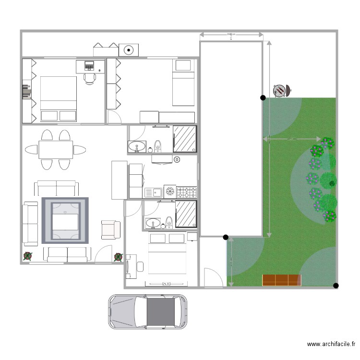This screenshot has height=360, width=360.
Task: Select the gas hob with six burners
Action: [187, 192]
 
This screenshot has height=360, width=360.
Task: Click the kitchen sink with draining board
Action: [154, 192]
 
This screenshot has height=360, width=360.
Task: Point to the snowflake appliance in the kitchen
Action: [170, 192]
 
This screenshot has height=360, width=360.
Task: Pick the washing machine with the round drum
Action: [129, 49]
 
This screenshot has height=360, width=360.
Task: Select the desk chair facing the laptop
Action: [90, 78]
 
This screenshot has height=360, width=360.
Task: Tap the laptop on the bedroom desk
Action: [89, 65]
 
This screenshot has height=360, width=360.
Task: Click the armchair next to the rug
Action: [111, 229]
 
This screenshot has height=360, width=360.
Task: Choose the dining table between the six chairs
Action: [56, 149]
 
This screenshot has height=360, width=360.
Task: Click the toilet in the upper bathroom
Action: [158, 144]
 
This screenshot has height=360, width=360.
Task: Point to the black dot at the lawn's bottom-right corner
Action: [336, 286]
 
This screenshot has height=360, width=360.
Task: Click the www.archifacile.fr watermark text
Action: [331, 344]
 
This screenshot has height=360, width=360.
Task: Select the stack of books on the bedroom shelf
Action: [26, 91]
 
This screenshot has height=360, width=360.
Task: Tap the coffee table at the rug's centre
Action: [65, 220]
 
